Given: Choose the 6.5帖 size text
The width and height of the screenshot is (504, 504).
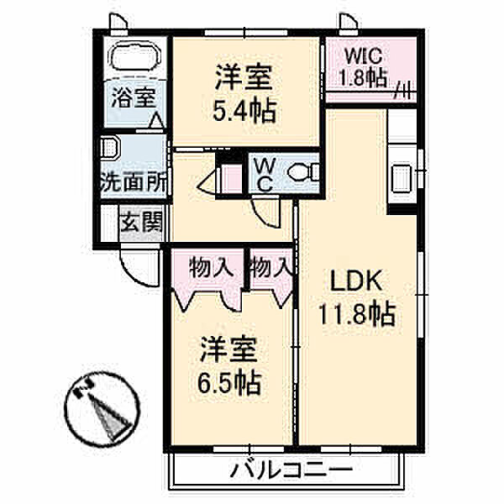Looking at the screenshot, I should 228,384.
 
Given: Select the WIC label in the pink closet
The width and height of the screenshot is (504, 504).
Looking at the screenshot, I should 362,57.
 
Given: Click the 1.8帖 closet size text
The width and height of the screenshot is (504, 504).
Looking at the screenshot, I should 362,80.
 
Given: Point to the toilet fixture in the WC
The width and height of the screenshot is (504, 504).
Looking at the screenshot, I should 302,173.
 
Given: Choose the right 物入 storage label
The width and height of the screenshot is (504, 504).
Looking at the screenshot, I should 270,269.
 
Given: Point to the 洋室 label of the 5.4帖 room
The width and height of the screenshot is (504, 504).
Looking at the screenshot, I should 245,78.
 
